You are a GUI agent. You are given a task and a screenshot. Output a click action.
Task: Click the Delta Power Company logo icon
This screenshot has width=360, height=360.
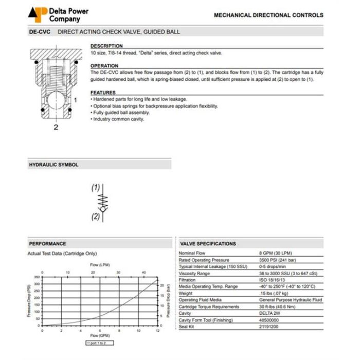pos(38,14)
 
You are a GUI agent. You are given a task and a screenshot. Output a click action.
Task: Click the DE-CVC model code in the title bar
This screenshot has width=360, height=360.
pos(39,32)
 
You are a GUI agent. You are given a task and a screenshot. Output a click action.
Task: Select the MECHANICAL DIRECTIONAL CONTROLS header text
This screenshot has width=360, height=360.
pos(268,15)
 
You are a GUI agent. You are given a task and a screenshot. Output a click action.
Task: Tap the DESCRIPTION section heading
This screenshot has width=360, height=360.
pos(106,46)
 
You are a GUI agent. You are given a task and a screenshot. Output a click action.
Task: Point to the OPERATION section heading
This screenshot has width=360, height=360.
pos(104,66)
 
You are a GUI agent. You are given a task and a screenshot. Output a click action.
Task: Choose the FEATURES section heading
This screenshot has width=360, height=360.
pos(103,93)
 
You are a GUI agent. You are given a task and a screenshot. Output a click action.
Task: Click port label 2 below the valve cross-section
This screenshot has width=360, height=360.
pos(56,127)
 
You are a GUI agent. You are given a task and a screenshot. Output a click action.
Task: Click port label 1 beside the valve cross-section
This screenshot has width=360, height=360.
pos(75,100)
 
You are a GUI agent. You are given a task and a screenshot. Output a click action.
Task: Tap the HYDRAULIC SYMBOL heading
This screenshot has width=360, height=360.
pos(53,165)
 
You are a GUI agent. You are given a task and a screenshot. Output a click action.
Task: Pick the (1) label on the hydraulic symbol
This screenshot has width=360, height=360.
pos(96,188)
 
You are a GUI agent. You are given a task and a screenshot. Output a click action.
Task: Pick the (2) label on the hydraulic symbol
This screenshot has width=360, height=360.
pos(96,217)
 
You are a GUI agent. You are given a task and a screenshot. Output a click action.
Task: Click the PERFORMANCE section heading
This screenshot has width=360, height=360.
pos(47,243)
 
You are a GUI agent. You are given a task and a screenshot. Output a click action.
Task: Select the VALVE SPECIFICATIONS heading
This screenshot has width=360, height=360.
pos(208,243)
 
